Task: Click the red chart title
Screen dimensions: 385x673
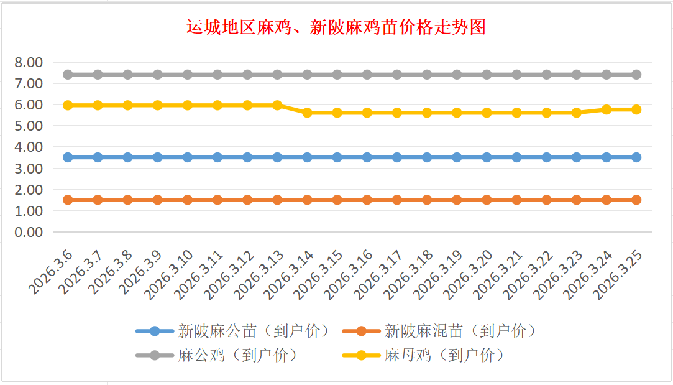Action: pyautogui.click(x=336, y=28)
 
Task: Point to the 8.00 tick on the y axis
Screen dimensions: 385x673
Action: pyautogui.click(x=29, y=62)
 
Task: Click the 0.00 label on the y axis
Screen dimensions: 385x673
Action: pyautogui.click(x=29, y=232)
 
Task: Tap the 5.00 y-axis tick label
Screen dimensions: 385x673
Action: pyautogui.click(x=29, y=126)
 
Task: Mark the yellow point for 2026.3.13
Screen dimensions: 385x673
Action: pyautogui.click(x=277, y=105)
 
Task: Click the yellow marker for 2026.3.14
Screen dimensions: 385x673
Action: pyautogui.click(x=307, y=113)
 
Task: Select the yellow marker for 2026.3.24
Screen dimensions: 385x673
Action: pyautogui.click(x=607, y=109)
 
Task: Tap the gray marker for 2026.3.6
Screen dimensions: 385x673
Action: pyautogui.click(x=68, y=75)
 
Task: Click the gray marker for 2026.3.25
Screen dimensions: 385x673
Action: pyautogui.click(x=636, y=75)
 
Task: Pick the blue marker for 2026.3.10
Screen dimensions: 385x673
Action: pyautogui.click(x=188, y=157)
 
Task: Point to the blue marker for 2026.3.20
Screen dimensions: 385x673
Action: pyautogui.click(x=487, y=157)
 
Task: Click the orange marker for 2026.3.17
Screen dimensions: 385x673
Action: pyautogui.click(x=397, y=200)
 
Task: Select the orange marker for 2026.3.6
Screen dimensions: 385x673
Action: pyautogui.click(x=68, y=200)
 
